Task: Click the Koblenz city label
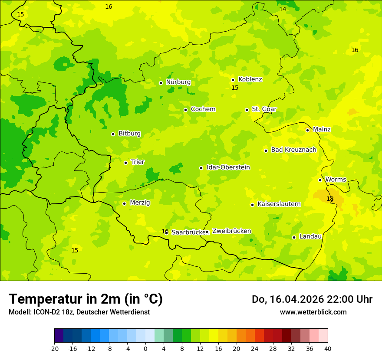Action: [x=250, y=79]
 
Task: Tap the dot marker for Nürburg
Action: [x=161, y=83]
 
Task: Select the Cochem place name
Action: [x=203, y=109]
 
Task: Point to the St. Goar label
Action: [x=264, y=109]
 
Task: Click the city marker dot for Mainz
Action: [x=307, y=130]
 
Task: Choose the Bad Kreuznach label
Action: [x=293, y=150]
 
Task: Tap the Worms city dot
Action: [x=320, y=180]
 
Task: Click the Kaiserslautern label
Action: [x=279, y=204]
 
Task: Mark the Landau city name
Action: [x=310, y=237]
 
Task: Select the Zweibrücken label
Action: [x=231, y=231]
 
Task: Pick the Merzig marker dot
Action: [x=124, y=203]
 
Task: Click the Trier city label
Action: [x=138, y=162]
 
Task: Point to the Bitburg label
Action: [x=129, y=134]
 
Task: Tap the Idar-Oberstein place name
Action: [x=228, y=167]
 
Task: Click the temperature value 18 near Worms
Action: [x=330, y=199]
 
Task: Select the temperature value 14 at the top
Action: [x=283, y=9]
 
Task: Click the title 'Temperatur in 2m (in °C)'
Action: [x=86, y=299]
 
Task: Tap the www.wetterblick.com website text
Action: [x=313, y=312]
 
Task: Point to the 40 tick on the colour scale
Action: [x=328, y=348]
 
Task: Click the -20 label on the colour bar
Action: [x=54, y=348]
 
